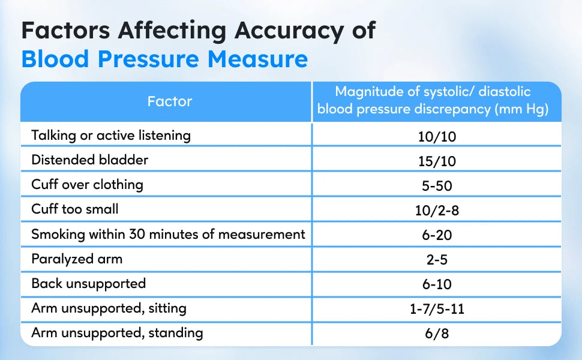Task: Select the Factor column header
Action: click(x=170, y=101)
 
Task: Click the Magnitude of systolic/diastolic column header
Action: click(x=433, y=101)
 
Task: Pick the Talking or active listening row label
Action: click(x=111, y=135)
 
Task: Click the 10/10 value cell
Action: click(x=437, y=136)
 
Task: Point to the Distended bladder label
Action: click(x=90, y=160)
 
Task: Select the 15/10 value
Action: click(x=437, y=161)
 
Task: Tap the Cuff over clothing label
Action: click(x=88, y=184)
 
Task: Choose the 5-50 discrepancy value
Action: click(x=437, y=185)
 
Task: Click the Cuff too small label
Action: click(x=75, y=209)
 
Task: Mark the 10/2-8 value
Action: click(x=437, y=210)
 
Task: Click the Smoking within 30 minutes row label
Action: click(x=169, y=234)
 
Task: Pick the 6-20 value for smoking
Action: click(x=437, y=235)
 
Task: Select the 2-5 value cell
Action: click(x=437, y=260)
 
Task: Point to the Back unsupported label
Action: click(x=89, y=283)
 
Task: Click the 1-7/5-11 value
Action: click(x=437, y=310)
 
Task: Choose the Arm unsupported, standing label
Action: click(x=118, y=332)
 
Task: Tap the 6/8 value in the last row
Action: click(x=437, y=334)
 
